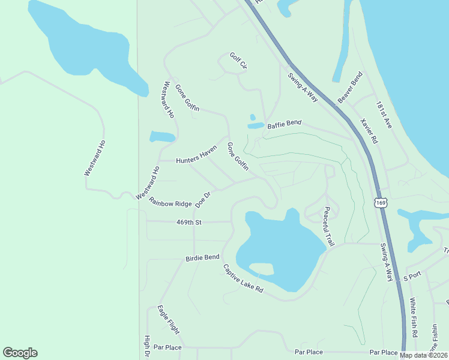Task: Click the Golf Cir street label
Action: pyautogui.click(x=238, y=62)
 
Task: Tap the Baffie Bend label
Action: pyautogui.click(x=284, y=124)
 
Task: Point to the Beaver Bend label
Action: pyautogui.click(x=350, y=88)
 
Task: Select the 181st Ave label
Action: pyautogui.click(x=384, y=114)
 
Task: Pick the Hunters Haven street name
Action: pyautogui.click(x=196, y=157)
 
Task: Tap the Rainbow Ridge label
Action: pyautogui.click(x=170, y=203)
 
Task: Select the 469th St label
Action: pyautogui.click(x=188, y=222)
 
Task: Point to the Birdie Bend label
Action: pyautogui.click(x=202, y=257)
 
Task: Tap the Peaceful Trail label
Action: pyautogui.click(x=328, y=226)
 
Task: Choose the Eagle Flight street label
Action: pyautogui.click(x=168, y=320)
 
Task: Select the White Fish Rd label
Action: pyautogui.click(x=414, y=317)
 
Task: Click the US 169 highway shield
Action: pyautogui.click(x=381, y=203)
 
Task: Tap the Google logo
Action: pyautogui.click(x=20, y=353)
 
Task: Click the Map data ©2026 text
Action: pyautogui.click(x=424, y=355)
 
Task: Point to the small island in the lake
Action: pyautogui.click(x=261, y=268)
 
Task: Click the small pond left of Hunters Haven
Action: pyautogui.click(x=161, y=136)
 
